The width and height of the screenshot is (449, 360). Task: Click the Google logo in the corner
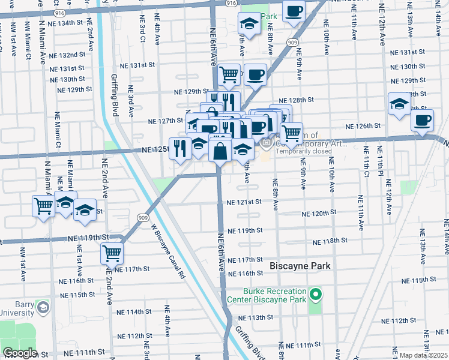20,353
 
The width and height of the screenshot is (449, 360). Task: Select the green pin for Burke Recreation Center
316,295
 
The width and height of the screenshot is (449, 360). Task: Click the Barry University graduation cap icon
43,308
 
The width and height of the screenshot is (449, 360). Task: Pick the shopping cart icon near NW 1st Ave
44,206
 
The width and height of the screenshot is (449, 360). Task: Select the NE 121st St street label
244,202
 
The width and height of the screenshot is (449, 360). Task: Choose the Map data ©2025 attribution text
423,355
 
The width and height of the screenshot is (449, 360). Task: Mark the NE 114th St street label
134,312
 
